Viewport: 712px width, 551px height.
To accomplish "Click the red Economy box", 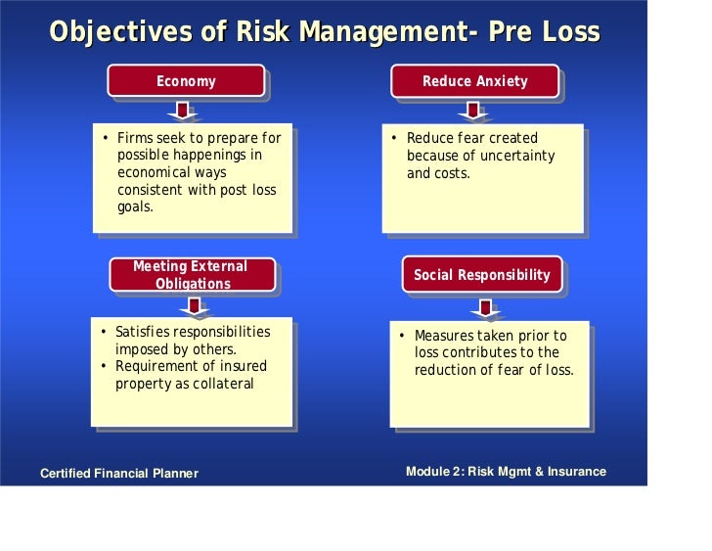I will point(186,81).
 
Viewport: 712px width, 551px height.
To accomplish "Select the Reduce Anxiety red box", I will point(474,81).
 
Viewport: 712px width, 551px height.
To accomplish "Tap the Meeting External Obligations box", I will point(191,275).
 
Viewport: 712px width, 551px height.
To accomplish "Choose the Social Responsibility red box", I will point(481,275).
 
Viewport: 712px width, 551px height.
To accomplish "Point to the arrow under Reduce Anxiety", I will point(472,111).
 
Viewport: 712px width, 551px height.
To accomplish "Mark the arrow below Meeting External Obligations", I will point(195,306).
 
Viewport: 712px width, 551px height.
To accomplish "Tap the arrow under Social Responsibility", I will point(484,308).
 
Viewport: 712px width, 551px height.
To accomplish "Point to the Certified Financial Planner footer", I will point(118,474).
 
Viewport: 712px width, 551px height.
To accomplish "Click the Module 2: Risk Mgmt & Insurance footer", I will point(506,472).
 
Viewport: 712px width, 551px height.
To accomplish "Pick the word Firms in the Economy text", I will point(135,138).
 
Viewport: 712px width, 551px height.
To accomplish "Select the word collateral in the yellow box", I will point(224,384).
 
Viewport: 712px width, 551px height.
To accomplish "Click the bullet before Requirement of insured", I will point(104,367).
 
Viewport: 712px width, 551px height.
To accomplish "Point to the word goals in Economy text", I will point(135,207).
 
